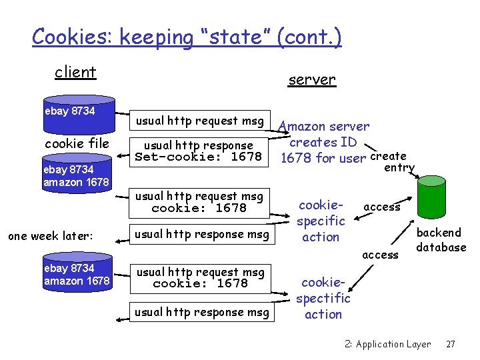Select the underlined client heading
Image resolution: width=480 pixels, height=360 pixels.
[x=75, y=72]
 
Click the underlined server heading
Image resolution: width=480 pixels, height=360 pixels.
[x=311, y=80]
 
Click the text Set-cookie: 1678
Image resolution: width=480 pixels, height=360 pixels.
[x=199, y=158]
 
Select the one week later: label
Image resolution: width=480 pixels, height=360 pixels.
[x=50, y=235]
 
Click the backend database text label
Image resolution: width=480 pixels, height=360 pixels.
[x=441, y=240]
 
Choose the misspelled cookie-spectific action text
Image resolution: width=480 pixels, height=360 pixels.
[x=323, y=298]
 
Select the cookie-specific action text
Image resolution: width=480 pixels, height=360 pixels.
[x=321, y=221]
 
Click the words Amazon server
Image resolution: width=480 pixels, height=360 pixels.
[x=324, y=126]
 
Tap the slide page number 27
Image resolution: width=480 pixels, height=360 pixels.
[x=450, y=345]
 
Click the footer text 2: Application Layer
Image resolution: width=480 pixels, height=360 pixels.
[x=388, y=345]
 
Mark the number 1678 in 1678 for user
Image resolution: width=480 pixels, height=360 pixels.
[x=294, y=158]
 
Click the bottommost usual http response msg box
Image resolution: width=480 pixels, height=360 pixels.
[x=202, y=312]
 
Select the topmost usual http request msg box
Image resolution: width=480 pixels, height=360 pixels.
[x=199, y=121]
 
